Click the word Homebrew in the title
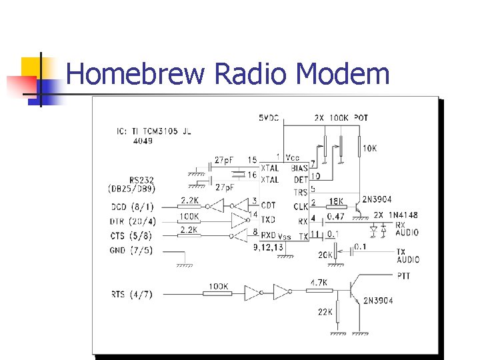[x=135, y=73]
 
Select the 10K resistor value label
[x=369, y=148]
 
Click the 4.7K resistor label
[x=319, y=283]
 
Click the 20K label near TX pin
[x=325, y=255]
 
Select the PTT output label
[x=403, y=275]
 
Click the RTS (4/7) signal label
[x=131, y=293]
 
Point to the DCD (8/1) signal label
[x=131, y=207]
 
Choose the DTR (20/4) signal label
[x=133, y=221]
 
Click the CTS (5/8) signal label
[x=131, y=235]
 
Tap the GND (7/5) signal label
[x=131, y=250]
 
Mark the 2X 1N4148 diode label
[x=396, y=215]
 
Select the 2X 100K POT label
[x=341, y=118]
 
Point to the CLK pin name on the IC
[x=300, y=207]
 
